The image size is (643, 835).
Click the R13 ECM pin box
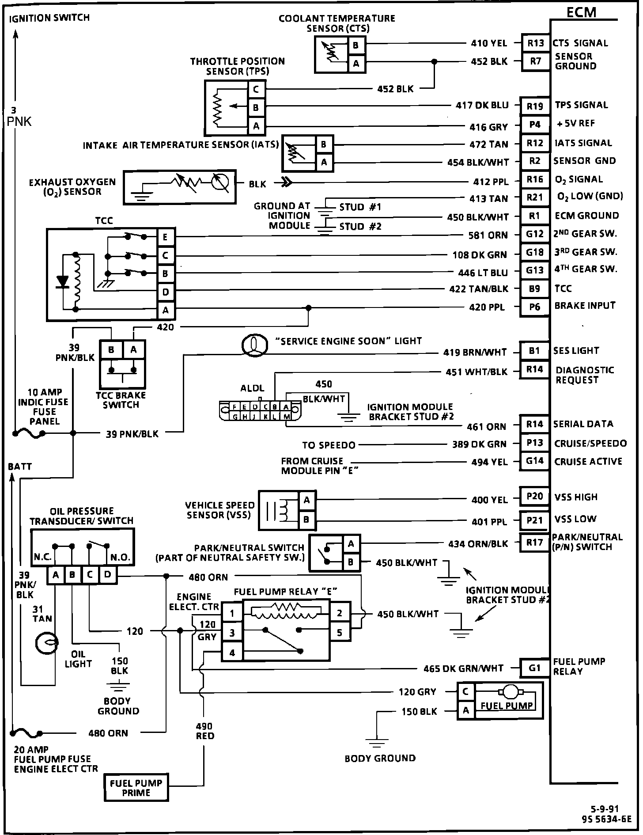click(x=535, y=43)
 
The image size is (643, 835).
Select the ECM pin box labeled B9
click(x=534, y=289)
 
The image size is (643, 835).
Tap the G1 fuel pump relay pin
click(x=534, y=668)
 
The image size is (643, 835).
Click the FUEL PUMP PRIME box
click(x=136, y=787)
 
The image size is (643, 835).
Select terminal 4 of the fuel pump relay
click(x=232, y=653)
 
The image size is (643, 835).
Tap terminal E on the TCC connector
click(x=165, y=237)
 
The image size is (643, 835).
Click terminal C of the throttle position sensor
click(x=256, y=90)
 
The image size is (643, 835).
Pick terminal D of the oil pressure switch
click(x=107, y=575)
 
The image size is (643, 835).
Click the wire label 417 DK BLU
click(x=482, y=105)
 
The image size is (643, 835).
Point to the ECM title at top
click(x=581, y=12)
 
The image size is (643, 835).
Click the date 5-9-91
click(x=605, y=809)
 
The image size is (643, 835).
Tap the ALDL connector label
click(x=252, y=388)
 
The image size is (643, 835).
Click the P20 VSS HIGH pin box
click(x=534, y=497)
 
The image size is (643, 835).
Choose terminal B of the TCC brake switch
click(x=111, y=350)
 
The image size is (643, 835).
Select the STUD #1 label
click(x=360, y=207)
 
